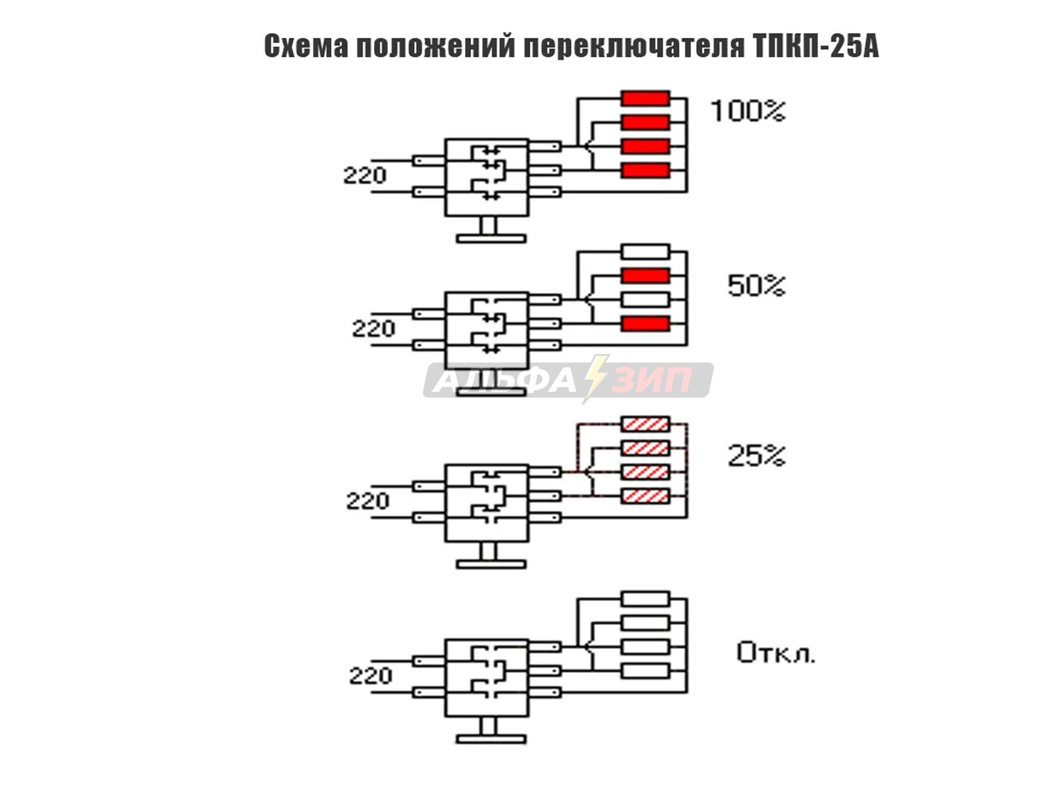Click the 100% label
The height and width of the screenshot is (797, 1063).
(748, 110)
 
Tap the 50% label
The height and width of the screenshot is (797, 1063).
(756, 286)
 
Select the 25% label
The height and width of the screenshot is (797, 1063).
(756, 456)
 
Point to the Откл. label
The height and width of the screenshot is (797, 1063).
(775, 653)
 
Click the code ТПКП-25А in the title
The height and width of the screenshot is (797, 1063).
(817, 46)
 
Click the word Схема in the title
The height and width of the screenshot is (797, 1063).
(306, 46)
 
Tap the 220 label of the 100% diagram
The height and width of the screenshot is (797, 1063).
(364, 175)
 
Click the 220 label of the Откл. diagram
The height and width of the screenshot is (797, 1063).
(370, 676)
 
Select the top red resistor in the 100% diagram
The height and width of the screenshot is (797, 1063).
(645, 98)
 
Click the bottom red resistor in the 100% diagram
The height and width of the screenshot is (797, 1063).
(645, 171)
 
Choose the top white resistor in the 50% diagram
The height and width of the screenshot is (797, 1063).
(645, 252)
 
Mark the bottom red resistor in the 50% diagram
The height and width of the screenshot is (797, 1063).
(645, 324)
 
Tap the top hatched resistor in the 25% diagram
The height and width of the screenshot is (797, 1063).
(645, 424)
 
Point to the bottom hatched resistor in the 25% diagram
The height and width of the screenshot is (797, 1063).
(645, 496)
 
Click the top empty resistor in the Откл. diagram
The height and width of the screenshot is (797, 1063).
(645, 599)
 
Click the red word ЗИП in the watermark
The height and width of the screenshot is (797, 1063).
(651, 381)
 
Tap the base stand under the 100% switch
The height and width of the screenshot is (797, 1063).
(491, 238)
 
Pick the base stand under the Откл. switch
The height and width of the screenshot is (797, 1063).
(491, 739)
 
